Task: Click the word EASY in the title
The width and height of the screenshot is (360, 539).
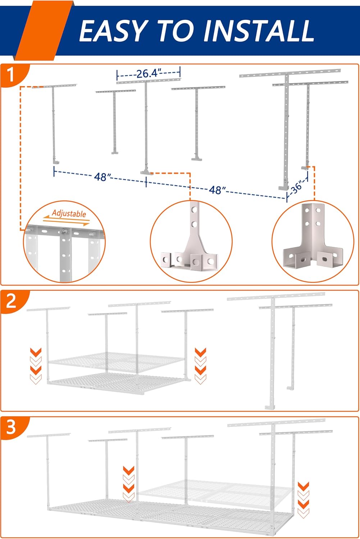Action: pyautogui.click(x=113, y=31)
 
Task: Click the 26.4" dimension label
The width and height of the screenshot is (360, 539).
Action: pyautogui.click(x=147, y=74)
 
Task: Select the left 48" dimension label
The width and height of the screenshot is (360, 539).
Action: pyautogui.click(x=102, y=177)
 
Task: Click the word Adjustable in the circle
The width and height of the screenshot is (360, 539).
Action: pyautogui.click(x=69, y=213)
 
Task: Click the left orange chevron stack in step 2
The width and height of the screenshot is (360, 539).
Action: pyautogui.click(x=36, y=365)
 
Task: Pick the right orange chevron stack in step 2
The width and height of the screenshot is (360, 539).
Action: pyautogui.click(x=200, y=365)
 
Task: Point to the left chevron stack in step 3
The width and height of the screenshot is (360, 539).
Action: pyautogui.click(x=129, y=484)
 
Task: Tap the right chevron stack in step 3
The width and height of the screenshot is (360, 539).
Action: pyautogui.click(x=304, y=499)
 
